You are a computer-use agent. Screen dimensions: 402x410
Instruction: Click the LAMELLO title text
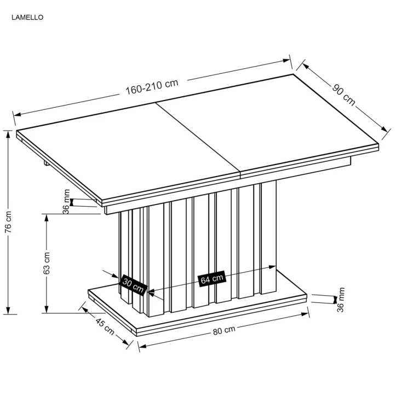point(27,17)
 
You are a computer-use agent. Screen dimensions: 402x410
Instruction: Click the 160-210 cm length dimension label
point(152,86)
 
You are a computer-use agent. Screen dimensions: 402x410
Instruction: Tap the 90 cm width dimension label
point(343,95)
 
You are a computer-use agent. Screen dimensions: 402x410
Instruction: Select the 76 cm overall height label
point(8,222)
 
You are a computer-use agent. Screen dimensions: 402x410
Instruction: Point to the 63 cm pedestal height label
point(46,263)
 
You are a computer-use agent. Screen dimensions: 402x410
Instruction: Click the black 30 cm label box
point(133,284)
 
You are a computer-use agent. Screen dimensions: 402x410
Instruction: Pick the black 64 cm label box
point(211,279)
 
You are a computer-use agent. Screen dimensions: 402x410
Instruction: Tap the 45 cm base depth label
point(105,326)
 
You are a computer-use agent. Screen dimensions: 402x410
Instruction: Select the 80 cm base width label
point(224,330)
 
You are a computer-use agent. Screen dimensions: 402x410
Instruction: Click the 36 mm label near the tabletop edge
point(66,202)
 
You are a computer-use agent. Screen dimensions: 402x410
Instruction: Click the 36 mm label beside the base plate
point(341,300)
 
